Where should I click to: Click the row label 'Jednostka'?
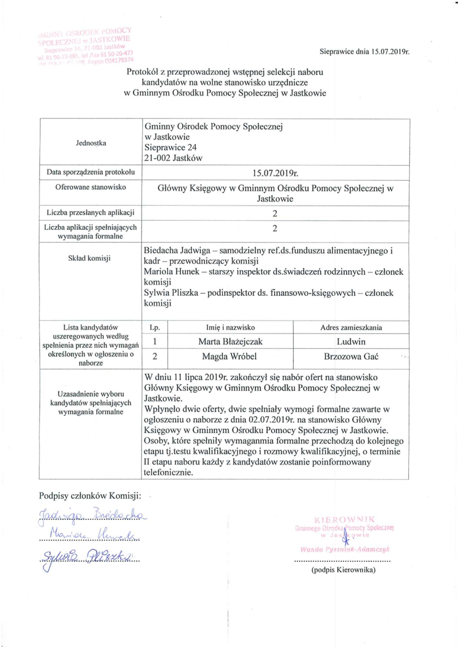point(91,143)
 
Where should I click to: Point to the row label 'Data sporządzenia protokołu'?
point(91,172)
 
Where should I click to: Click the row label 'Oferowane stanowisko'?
point(91,187)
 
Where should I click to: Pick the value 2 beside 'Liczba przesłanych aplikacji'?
point(275,213)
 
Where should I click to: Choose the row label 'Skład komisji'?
point(91,258)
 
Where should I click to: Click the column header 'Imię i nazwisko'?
point(228,328)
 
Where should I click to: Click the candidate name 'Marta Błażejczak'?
point(228,342)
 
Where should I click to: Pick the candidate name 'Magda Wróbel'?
point(228,356)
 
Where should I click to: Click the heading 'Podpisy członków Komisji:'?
point(91,494)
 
